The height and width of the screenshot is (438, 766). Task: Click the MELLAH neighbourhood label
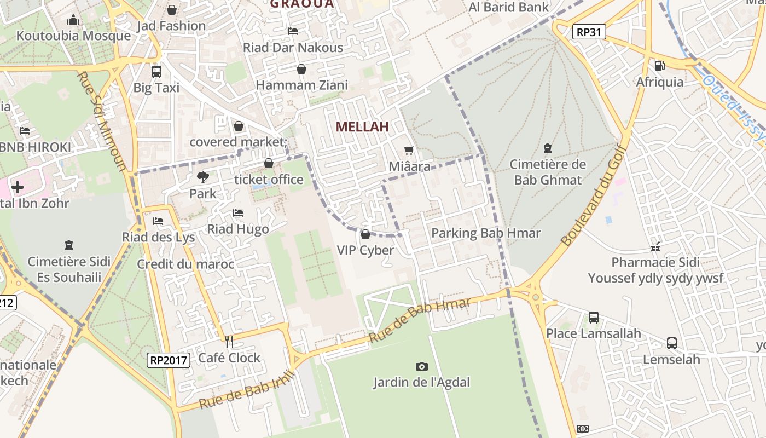[362, 126]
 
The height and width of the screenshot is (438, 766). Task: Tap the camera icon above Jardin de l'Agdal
[421, 366]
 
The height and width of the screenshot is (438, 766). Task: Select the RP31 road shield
[589, 32]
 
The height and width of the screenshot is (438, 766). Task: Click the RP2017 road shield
[169, 360]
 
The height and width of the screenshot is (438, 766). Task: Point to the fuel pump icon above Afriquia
[660, 66]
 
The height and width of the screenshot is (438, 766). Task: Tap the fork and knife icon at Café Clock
[229, 342]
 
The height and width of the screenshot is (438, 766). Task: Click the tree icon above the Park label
[203, 177]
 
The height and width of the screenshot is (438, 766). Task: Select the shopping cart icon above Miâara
[409, 150]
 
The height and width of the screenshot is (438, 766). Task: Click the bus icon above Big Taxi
[156, 71]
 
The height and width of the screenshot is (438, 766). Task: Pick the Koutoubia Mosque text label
[73, 36]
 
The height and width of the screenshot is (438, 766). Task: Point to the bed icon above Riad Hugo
[238, 212]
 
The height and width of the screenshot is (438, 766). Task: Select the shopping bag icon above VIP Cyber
[365, 234]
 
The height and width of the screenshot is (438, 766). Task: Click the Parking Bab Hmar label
[486, 233]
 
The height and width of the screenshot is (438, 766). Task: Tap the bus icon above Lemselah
[672, 343]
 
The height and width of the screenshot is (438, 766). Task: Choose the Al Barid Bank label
[509, 7]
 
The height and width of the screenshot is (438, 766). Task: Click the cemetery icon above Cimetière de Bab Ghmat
[548, 148]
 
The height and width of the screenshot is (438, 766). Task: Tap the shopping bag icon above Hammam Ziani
[301, 69]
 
